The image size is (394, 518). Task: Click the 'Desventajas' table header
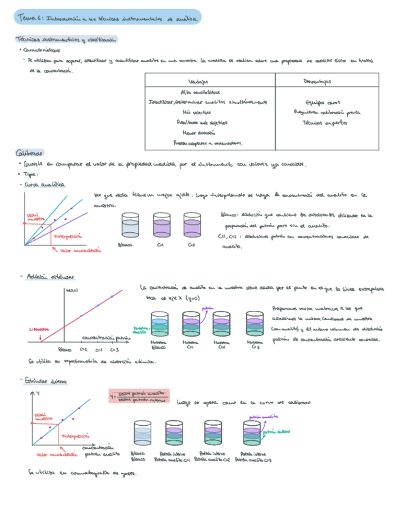317,81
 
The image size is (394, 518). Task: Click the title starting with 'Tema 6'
107,19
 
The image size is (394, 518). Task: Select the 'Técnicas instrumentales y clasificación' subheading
65,40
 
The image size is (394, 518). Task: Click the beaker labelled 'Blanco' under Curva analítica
131,225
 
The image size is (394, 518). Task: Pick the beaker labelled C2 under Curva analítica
191,225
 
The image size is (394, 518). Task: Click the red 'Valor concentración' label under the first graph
78,250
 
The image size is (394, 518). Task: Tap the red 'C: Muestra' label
38,329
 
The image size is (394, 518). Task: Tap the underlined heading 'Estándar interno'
47,381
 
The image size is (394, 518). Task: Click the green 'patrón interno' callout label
275,432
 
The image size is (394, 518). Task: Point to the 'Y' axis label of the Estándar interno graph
38,393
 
